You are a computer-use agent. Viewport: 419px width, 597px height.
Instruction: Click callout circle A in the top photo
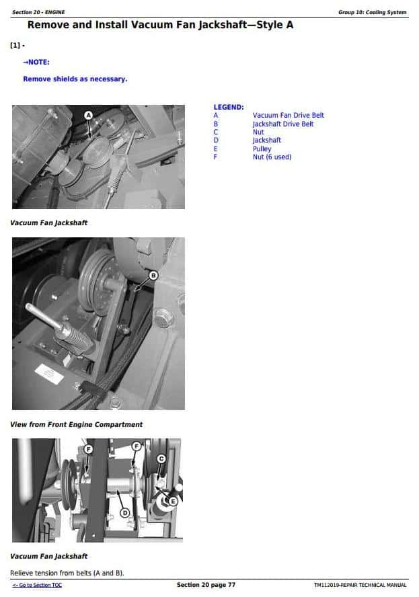coord(89,116)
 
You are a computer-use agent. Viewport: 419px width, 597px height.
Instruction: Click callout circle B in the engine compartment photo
coord(153,275)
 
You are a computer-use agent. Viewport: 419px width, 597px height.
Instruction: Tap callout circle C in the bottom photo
coord(161,459)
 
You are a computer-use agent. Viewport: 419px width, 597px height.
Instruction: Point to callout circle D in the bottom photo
coord(124,512)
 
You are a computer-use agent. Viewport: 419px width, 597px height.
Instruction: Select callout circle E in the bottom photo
coord(173,501)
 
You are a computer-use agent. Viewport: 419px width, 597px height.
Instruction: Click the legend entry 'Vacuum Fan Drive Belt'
coord(288,116)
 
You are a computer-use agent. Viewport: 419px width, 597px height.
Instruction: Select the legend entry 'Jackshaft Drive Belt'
coord(282,124)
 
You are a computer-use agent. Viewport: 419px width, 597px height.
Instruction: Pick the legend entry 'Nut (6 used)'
coord(272,157)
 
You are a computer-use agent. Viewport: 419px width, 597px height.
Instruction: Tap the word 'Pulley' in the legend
coord(262,149)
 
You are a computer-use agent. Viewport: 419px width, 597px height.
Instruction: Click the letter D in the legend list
coord(216,141)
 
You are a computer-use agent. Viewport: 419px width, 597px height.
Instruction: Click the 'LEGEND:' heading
coord(229,107)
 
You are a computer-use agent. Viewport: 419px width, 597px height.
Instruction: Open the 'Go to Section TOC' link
coord(36,585)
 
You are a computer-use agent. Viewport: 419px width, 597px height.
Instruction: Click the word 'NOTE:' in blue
coord(37,63)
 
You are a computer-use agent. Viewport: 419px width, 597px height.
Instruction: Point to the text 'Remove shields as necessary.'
coord(75,79)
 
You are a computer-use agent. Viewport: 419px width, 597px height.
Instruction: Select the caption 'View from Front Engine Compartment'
coord(76,425)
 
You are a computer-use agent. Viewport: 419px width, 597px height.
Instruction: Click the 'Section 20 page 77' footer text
coord(206,585)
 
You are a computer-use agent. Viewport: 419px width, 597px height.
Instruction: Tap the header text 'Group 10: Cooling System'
coord(372,12)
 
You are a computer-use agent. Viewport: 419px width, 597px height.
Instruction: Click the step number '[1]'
coord(15,46)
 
